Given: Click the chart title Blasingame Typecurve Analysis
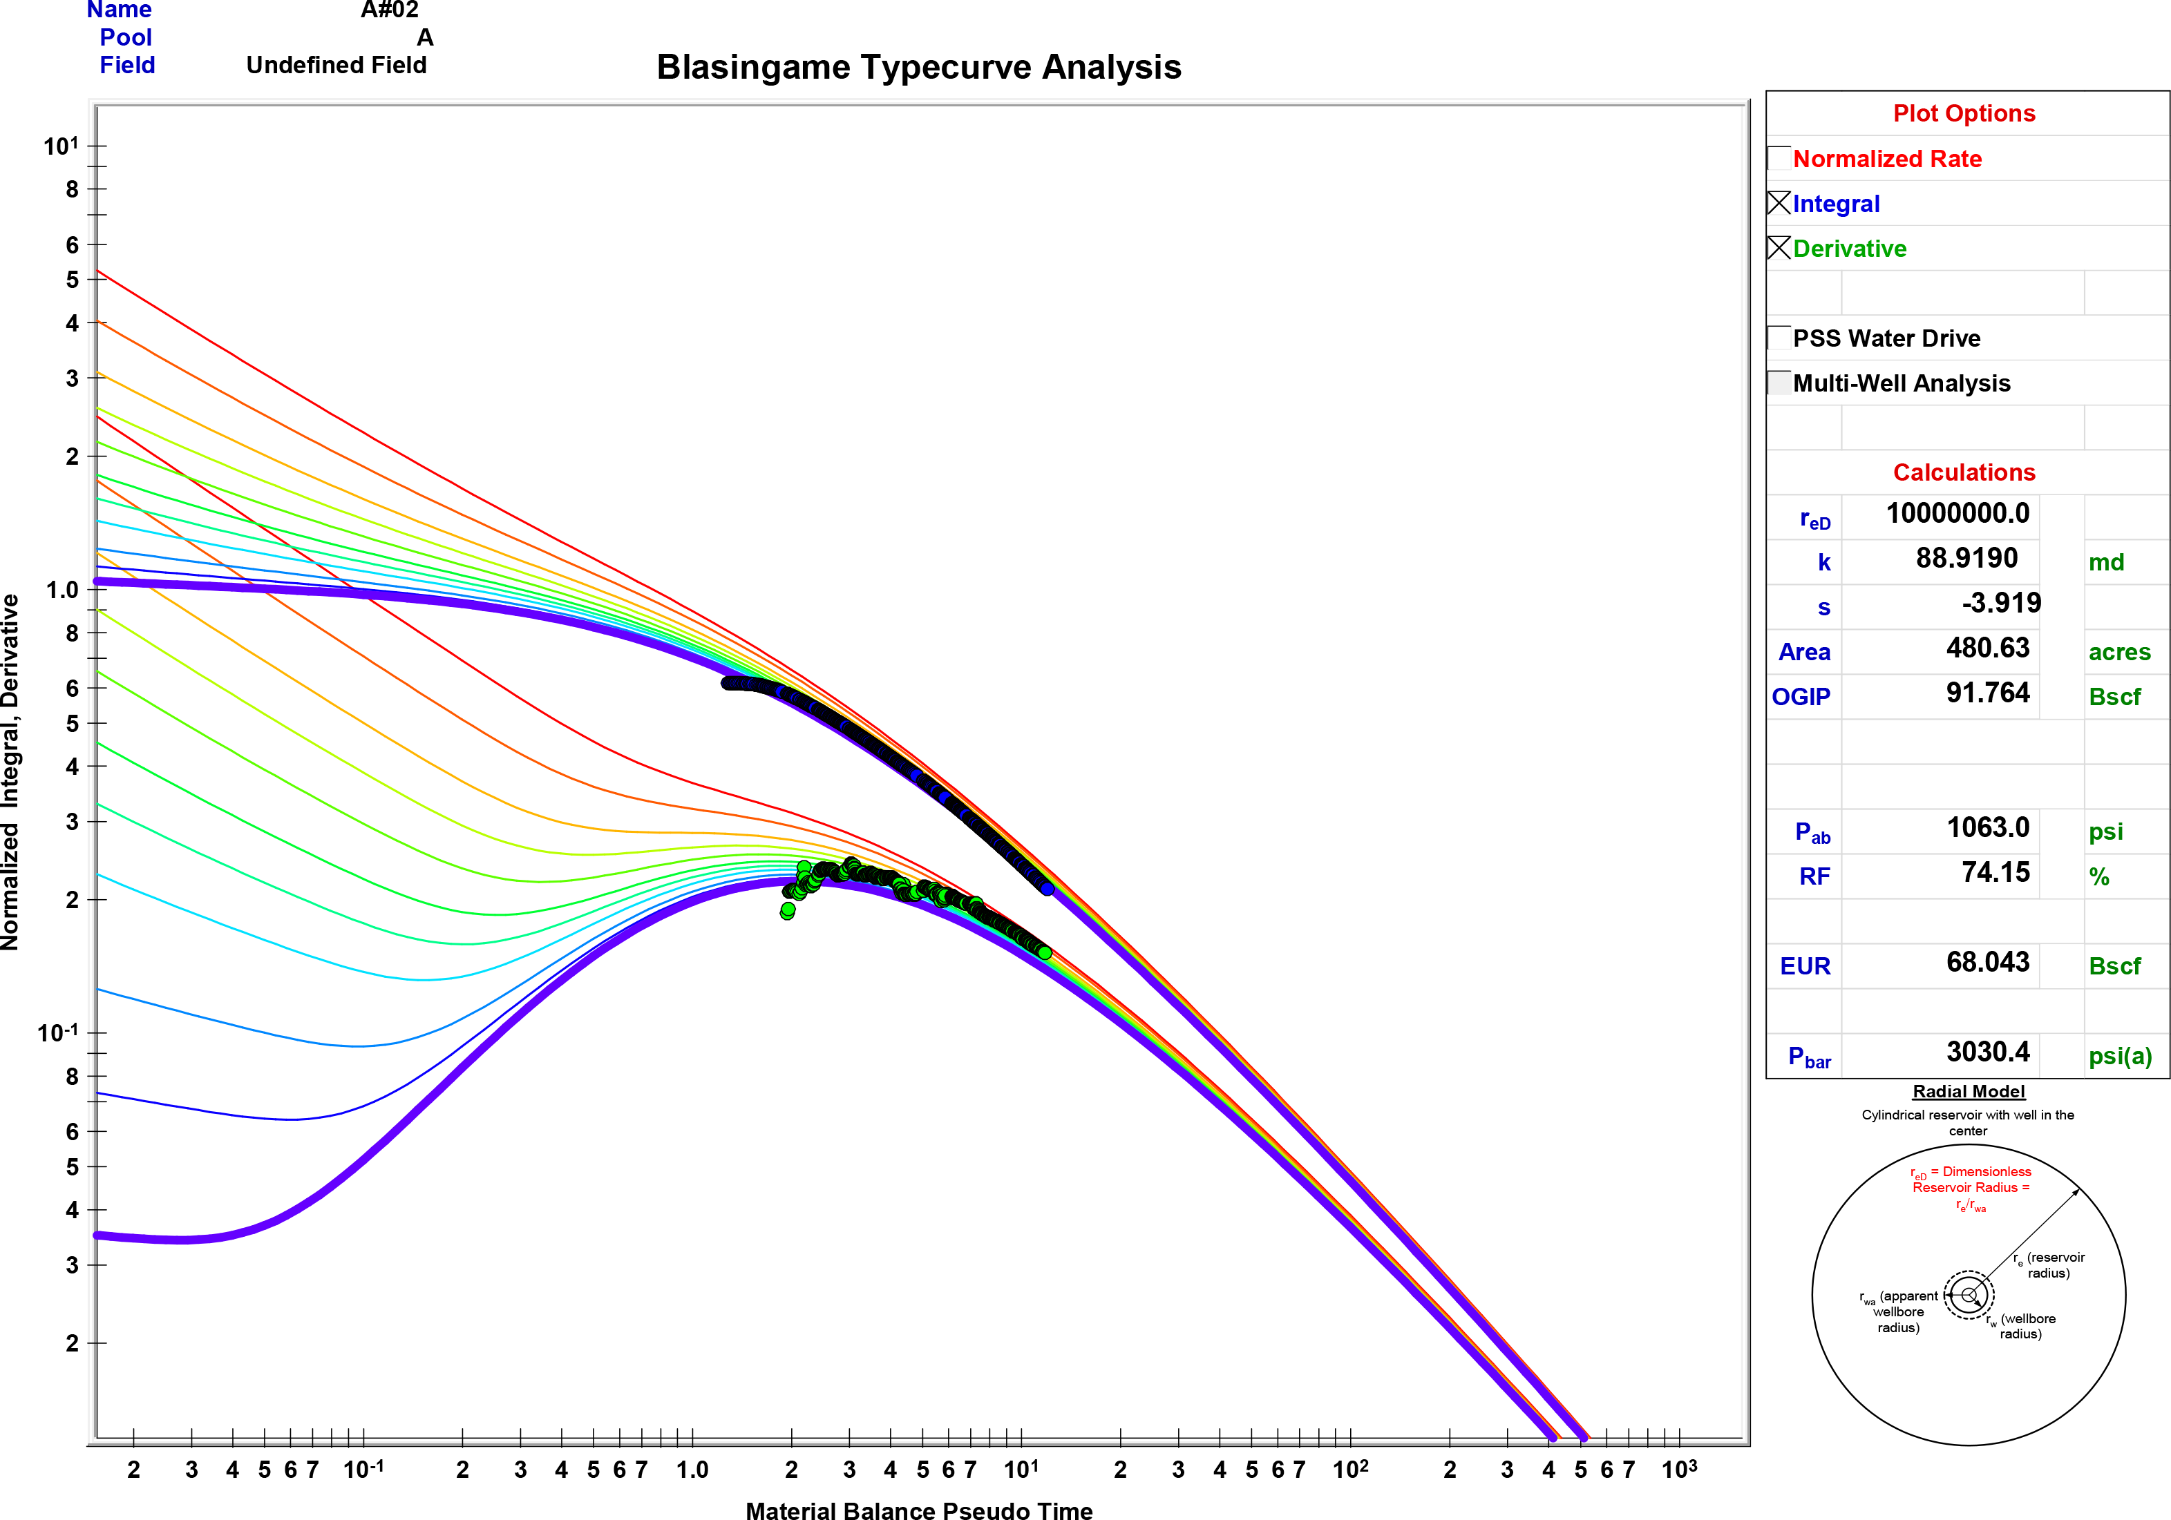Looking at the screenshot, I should coord(918,67).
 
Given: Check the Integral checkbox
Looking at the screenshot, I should coord(1779,203).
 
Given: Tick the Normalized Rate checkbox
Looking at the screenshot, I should coord(1779,158).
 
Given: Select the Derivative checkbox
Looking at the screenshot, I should coord(1779,248).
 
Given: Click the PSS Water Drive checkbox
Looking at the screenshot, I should coord(1779,338).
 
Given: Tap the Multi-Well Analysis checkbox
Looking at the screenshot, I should coord(1779,383).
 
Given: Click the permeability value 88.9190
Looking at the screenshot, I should coord(1966,559).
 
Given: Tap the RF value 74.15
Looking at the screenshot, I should coord(1994,872).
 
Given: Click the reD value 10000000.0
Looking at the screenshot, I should coord(1957,513).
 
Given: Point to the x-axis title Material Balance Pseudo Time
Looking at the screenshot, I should coord(918,1510).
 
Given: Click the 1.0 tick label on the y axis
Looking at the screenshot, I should coord(61,590).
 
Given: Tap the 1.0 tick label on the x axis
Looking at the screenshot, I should coord(692,1470).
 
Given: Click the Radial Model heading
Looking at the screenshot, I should coord(1968,1092).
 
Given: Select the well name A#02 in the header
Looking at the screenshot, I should coord(390,10).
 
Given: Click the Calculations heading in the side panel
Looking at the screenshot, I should coord(1963,472).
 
